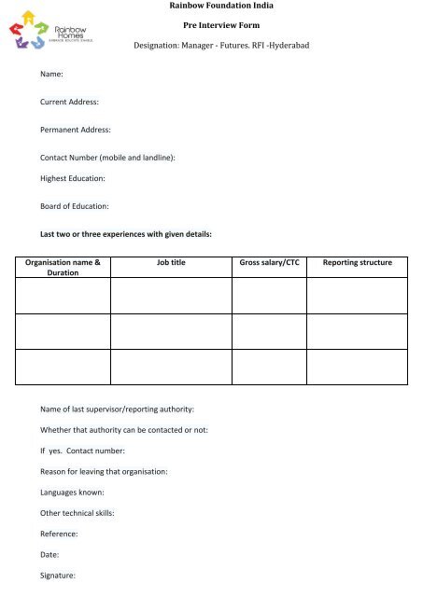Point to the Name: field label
51,72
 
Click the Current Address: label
70,100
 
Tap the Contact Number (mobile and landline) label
108,159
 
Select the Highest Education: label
72,177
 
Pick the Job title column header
171,264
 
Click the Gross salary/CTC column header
270,264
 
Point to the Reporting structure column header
357,264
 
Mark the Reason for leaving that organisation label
104,472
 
